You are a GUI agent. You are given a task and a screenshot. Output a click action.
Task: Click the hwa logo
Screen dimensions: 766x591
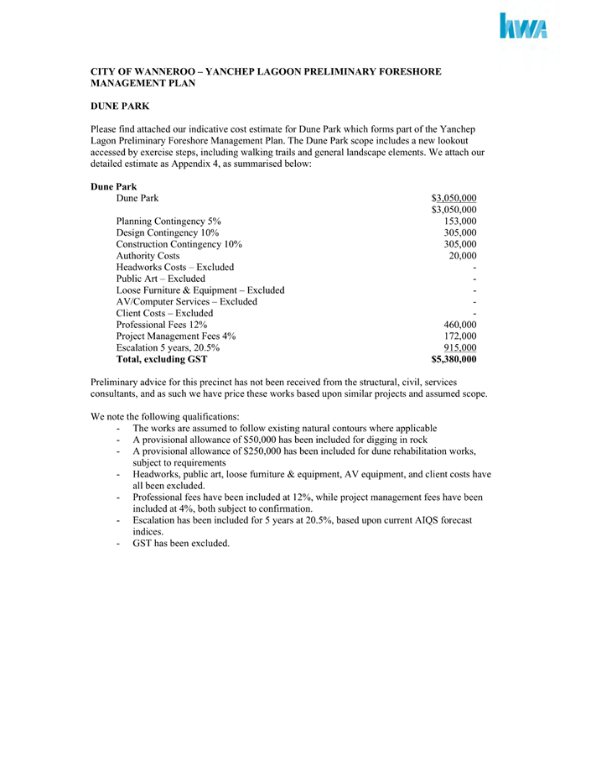click(x=524, y=27)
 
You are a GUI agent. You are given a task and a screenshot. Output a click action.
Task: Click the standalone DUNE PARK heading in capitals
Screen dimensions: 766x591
click(x=120, y=106)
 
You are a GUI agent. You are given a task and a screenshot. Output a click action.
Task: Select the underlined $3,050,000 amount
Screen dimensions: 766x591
click(x=454, y=198)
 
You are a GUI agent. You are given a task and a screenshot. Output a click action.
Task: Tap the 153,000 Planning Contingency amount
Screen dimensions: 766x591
click(x=460, y=221)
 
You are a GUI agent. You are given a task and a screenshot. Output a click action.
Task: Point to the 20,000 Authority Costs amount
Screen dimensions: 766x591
click(x=463, y=255)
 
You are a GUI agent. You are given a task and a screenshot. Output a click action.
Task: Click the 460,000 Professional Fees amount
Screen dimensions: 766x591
click(x=460, y=325)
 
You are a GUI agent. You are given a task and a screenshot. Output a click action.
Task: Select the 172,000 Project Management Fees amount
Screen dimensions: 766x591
click(x=460, y=336)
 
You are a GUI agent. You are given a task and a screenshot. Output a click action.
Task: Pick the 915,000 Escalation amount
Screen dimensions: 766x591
click(x=460, y=347)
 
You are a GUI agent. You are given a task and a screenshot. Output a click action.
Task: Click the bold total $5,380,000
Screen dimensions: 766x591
click(x=454, y=359)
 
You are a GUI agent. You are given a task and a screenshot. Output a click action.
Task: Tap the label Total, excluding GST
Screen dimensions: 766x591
click(x=162, y=359)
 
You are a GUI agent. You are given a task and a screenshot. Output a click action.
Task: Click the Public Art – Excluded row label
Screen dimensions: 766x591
click(x=161, y=279)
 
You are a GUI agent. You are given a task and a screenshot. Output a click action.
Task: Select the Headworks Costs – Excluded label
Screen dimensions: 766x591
click(x=175, y=267)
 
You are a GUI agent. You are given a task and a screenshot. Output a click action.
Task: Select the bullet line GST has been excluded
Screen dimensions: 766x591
click(x=180, y=544)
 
